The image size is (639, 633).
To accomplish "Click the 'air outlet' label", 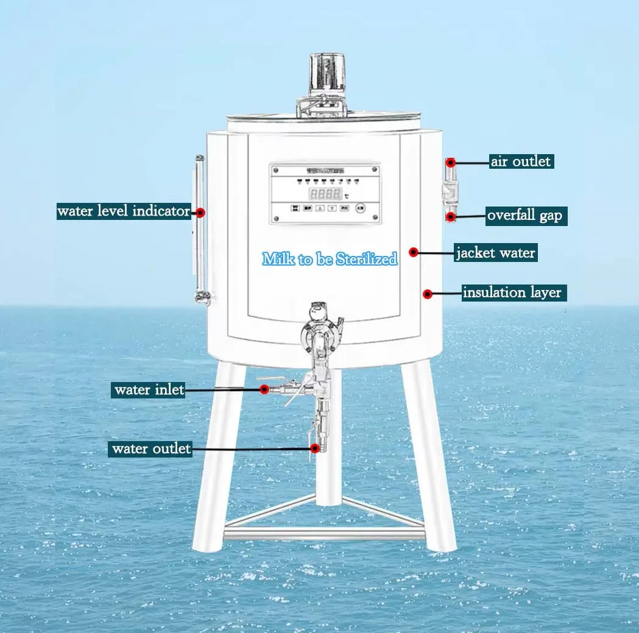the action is point(521,161).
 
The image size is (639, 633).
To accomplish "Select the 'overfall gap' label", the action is point(525,216).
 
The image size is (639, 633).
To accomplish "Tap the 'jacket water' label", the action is point(496,252).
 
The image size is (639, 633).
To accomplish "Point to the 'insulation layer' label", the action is point(512,292).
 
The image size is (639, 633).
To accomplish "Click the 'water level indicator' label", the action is point(124,211).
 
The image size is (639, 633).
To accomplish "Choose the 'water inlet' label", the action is point(149,389).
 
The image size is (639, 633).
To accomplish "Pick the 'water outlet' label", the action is point(151,449).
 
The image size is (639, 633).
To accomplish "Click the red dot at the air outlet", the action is point(451,163).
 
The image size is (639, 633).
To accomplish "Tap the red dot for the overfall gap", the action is point(451,216).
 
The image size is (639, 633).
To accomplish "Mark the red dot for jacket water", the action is point(414,252).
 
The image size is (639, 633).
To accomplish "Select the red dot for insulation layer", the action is point(428,294).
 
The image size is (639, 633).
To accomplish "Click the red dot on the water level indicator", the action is point(200,213).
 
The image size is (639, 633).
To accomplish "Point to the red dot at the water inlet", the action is point(264,389).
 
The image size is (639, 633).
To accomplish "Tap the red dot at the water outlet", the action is point(315,448).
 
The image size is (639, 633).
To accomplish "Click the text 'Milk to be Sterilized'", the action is point(330,259).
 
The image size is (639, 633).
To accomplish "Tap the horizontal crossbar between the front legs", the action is point(324,534).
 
